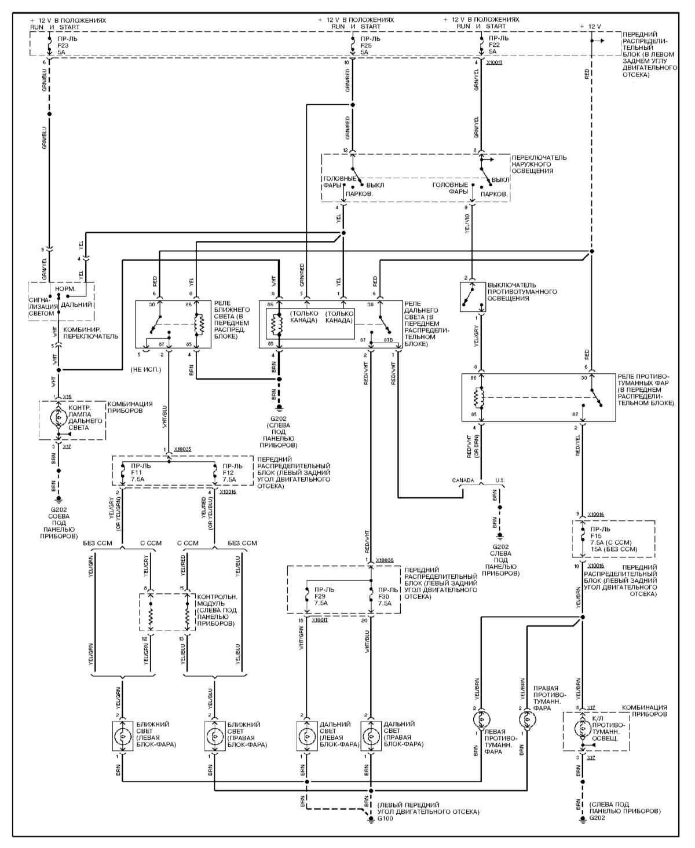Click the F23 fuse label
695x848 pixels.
64,45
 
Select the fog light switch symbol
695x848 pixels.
472,296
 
